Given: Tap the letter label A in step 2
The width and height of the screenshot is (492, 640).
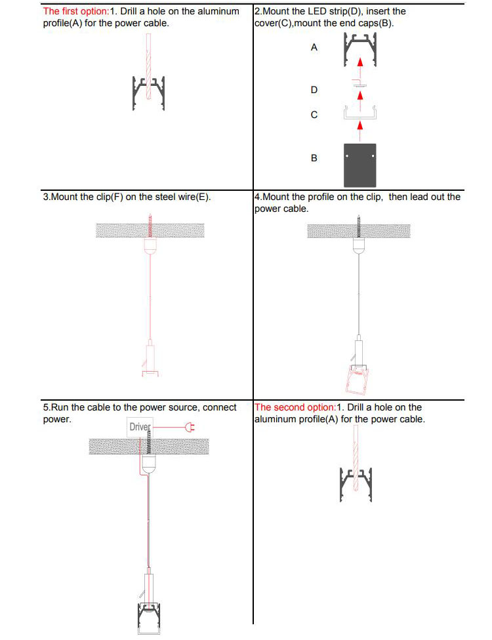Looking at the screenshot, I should click(314, 48).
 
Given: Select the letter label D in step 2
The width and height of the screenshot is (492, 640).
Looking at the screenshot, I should click(314, 89).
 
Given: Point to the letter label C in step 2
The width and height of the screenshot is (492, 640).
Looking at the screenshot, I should click(314, 115).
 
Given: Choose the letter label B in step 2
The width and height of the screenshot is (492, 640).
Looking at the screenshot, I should click(314, 158).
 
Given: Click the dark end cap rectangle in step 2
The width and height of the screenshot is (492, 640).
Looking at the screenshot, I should click(359, 165).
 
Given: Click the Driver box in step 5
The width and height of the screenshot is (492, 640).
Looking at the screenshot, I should click(140, 427).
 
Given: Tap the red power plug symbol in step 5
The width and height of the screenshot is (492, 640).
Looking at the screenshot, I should click(191, 428).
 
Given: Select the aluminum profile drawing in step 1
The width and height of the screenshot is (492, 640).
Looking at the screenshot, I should click(148, 92).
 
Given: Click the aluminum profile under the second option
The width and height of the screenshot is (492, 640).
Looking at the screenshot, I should click(357, 485).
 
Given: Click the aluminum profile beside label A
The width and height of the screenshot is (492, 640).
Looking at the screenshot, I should click(359, 51).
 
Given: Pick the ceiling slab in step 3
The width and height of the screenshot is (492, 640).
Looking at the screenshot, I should click(150, 230).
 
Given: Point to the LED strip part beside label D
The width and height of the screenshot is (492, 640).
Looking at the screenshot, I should click(359, 85).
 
